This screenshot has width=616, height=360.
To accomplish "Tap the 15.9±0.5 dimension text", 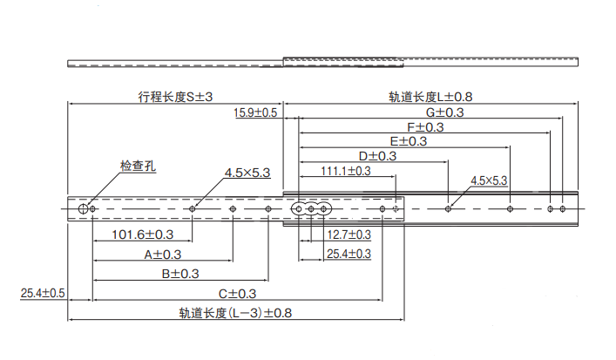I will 255,113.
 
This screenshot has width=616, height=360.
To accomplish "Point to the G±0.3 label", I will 444,113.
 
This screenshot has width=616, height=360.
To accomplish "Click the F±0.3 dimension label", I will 425,127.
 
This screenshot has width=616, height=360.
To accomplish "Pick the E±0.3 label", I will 408,141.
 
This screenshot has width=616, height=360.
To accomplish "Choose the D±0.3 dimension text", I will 377,156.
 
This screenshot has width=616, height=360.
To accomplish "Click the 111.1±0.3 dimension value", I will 346,171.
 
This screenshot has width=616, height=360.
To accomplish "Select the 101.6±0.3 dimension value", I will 144,234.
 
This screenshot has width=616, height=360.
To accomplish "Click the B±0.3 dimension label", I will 180,274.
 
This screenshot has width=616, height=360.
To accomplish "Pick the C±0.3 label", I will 237,294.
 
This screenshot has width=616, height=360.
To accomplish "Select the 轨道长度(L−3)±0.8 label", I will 235,313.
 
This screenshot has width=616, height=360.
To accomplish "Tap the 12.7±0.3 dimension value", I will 349,234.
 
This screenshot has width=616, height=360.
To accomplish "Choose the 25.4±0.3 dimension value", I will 349,254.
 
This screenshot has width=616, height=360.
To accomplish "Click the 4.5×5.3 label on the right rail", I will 489,180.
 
